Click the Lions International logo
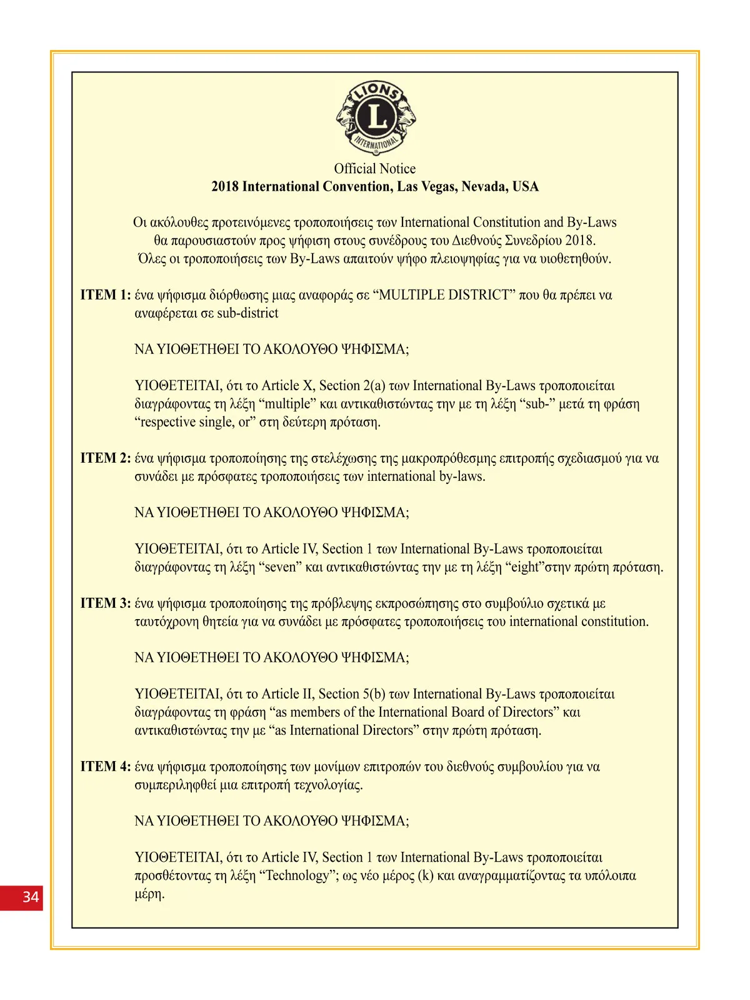[376, 118]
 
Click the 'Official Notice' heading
[374, 169]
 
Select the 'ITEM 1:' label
[105, 295]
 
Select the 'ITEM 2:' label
[105, 458]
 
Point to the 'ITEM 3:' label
[105, 604]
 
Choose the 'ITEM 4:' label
[105, 767]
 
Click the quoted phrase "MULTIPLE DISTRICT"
[444, 295]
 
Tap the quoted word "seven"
[280, 567]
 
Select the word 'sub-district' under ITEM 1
[247, 313]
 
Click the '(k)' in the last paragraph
[426, 876]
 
